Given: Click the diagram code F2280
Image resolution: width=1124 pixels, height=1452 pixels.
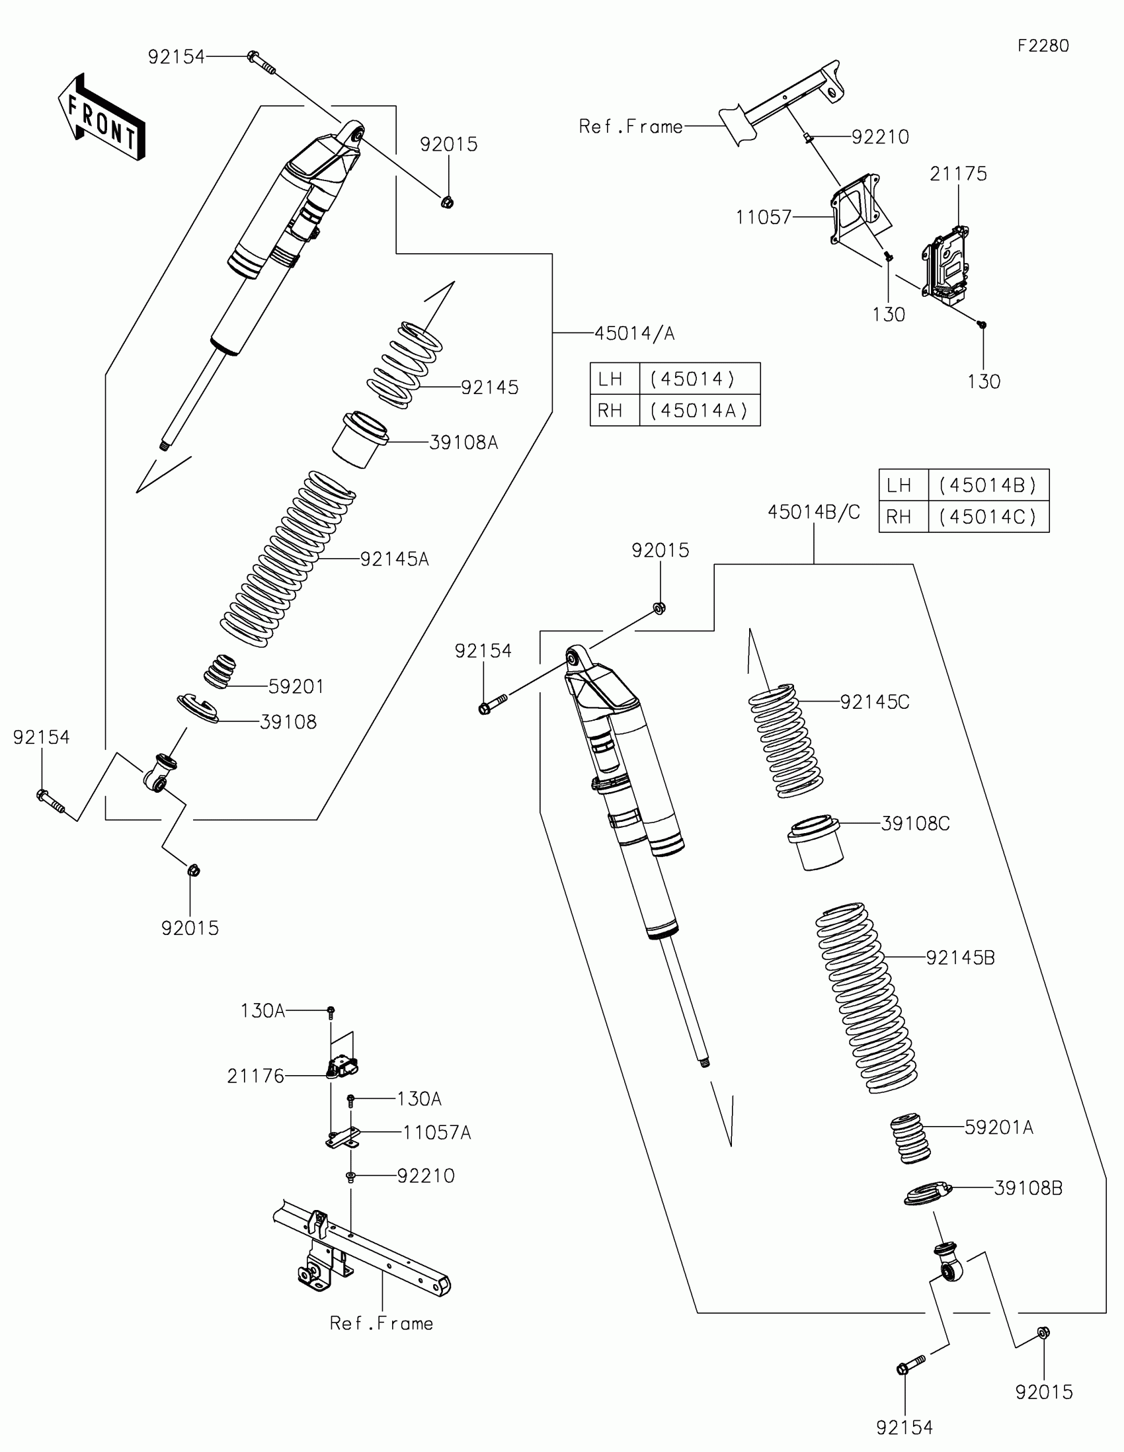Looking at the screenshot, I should pos(1043,46).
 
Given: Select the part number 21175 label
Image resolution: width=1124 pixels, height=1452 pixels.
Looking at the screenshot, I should pos(958,174).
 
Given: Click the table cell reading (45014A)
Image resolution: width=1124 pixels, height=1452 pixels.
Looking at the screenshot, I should pos(700,411).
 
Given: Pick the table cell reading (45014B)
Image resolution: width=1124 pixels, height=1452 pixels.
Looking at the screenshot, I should pos(988,485).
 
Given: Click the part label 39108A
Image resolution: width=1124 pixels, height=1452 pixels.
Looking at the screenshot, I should pos(463,443).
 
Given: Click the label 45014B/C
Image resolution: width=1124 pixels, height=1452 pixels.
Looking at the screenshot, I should pos(814,512).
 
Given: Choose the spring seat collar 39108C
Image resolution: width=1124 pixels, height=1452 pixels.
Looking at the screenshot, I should pos(816,842).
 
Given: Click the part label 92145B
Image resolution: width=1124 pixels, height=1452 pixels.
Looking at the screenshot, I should pos(960,958).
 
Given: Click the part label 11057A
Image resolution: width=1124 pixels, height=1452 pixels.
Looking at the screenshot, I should pos(436,1133).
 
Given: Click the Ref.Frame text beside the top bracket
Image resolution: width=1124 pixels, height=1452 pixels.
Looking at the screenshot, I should pos(630,127).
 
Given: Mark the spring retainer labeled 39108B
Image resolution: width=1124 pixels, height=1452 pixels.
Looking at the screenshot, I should pos(928,1193).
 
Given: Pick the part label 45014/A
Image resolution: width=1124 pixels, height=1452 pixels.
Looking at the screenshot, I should pos(634,333).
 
